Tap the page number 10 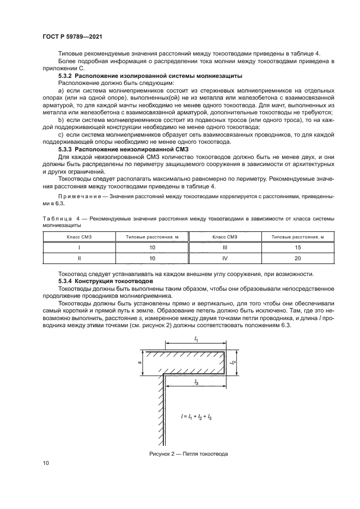click(x=45, y=463)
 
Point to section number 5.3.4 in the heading click(x=66, y=280)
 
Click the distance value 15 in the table click(x=297, y=247)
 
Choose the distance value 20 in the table click(x=297, y=258)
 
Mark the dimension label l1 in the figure click(x=196, y=339)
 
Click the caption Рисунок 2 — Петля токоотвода click(x=188, y=453)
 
